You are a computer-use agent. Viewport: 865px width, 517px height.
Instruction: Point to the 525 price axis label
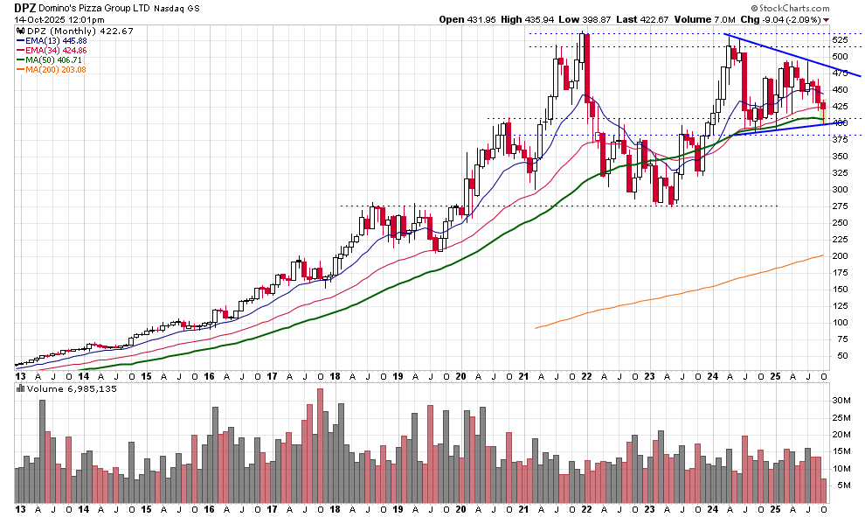839,40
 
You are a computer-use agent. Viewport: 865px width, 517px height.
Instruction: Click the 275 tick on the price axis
839,206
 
